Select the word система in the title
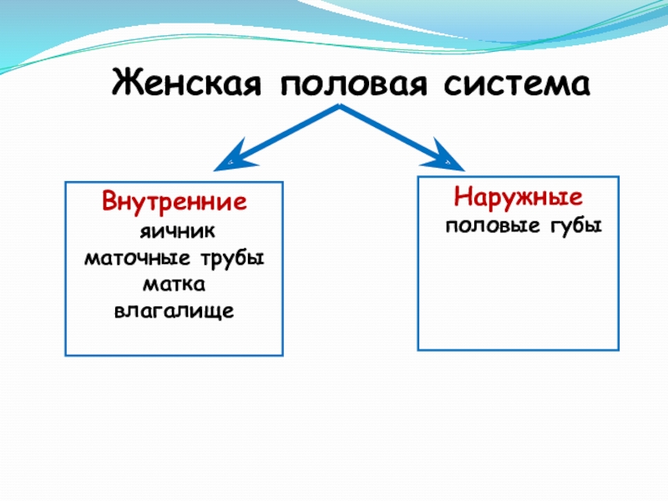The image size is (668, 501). pyautogui.click(x=517, y=83)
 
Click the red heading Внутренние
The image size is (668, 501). pyautogui.click(x=175, y=202)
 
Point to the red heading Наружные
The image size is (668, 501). pyautogui.click(x=518, y=198)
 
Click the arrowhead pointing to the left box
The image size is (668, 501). pyautogui.click(x=227, y=159)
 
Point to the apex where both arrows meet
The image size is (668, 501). pyautogui.click(x=339, y=108)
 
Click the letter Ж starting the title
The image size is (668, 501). pyautogui.click(x=126, y=83)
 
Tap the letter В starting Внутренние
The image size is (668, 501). pyautogui.click(x=109, y=202)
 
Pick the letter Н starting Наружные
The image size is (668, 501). pyautogui.click(x=462, y=198)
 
